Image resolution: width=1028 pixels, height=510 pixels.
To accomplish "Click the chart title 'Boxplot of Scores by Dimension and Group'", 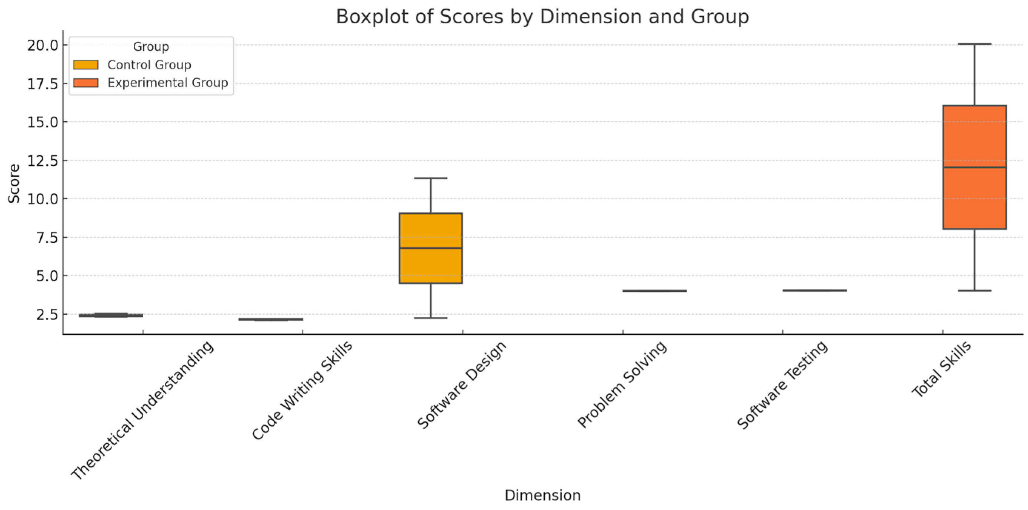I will click(543, 17).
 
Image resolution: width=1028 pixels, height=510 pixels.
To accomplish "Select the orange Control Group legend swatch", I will click(86, 65).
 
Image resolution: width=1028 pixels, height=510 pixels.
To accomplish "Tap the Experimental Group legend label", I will click(168, 83).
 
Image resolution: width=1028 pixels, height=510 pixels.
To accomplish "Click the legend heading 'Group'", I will click(151, 47).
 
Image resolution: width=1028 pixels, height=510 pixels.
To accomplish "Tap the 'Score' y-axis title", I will click(14, 183).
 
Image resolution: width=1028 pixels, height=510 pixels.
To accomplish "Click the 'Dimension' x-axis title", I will click(543, 495).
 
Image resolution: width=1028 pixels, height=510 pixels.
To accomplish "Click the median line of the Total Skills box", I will click(974, 167).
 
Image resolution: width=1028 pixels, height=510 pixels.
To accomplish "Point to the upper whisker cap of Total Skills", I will click(974, 44).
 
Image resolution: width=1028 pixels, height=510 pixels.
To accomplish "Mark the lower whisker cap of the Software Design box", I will click(431, 318).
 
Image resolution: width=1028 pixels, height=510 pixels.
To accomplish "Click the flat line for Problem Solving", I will click(654, 291).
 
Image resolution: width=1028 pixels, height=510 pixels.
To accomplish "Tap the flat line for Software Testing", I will click(814, 290).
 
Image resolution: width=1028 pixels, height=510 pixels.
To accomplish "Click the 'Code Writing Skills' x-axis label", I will click(303, 390).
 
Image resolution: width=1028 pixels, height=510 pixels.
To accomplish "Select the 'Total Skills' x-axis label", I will click(941, 370).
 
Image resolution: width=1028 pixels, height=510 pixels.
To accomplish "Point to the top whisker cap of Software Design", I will click(431, 178).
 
